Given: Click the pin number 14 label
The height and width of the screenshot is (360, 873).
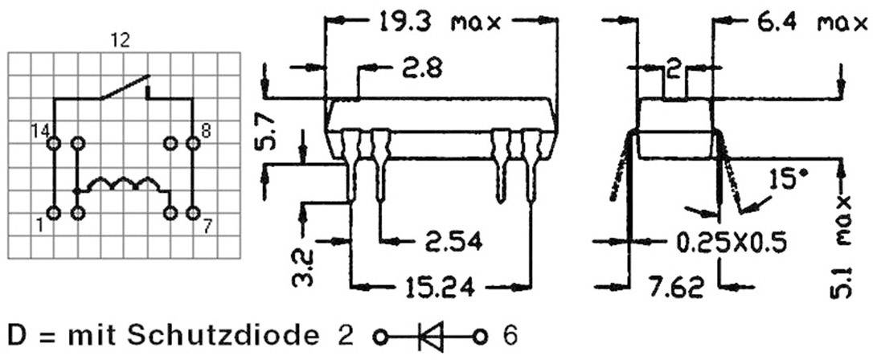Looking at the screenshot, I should click(x=40, y=130).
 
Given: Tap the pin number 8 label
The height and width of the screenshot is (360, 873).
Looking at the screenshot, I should click(x=207, y=130).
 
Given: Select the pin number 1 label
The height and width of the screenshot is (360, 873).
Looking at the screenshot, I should click(x=39, y=226).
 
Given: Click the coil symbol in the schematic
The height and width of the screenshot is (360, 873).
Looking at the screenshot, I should click(x=121, y=184).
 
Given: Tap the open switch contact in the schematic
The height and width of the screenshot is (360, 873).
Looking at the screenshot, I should click(x=125, y=87).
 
